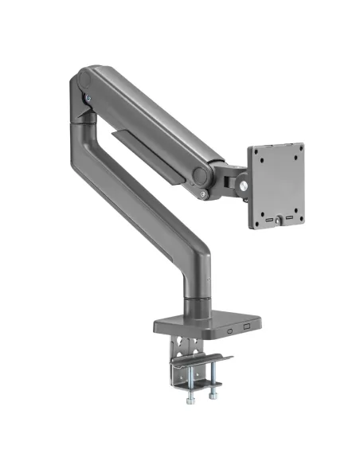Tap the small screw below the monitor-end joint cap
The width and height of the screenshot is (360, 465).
205,193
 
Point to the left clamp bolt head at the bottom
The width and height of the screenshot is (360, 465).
190,392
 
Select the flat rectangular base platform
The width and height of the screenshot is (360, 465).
203,320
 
